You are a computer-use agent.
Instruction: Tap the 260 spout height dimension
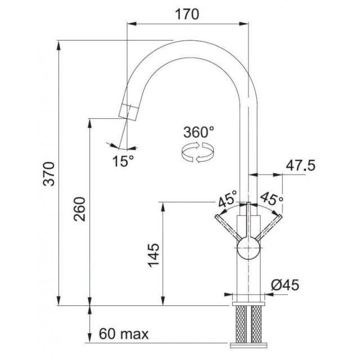(x=80, y=209)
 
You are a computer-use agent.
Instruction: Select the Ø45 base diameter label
(x=285, y=285)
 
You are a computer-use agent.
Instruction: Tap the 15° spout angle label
(x=123, y=161)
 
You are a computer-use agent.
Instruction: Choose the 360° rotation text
(x=199, y=133)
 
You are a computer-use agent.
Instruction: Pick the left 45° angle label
(x=228, y=199)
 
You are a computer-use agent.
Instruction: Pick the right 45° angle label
(x=271, y=199)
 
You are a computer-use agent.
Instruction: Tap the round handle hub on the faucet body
(x=248, y=249)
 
